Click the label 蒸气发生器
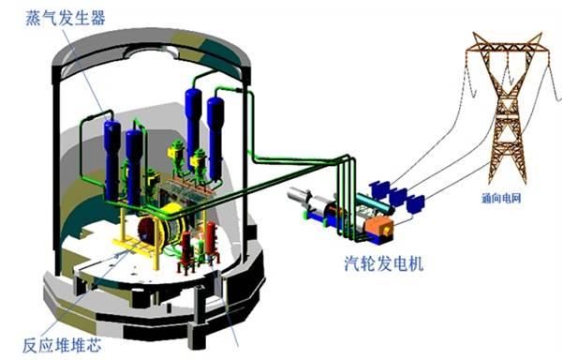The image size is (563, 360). [66, 18]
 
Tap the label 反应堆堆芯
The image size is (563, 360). [62, 345]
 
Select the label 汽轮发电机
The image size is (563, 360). [384, 263]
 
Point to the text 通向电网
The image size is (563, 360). [501, 198]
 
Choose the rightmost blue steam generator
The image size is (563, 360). [215, 139]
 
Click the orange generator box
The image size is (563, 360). [379, 226]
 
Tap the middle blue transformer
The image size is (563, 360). [398, 197]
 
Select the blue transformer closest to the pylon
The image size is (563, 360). [415, 203]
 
